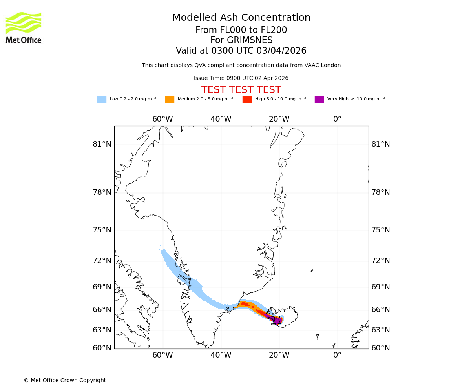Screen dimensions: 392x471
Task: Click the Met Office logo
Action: tap(24, 27)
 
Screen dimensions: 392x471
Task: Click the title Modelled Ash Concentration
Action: tap(241, 18)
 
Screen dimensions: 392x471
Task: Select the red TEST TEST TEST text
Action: tap(241, 90)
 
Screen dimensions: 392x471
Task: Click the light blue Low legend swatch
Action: tap(102, 100)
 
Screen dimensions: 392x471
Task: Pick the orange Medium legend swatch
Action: tap(170, 100)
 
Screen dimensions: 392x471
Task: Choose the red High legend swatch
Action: tap(247, 100)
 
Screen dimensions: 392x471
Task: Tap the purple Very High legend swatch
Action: tap(319, 100)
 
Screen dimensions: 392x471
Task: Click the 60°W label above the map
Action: tap(162, 119)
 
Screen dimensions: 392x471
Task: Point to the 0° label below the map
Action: tap(337, 355)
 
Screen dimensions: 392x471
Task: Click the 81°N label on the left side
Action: tap(102, 144)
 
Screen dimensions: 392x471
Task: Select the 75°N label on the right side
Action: tap(381, 230)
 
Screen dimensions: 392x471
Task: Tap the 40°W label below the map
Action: tap(221, 355)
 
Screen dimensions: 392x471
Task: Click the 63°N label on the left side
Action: tap(102, 330)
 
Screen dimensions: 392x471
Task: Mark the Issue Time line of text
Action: tap(241, 78)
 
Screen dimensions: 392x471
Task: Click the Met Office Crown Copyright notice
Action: tap(65, 380)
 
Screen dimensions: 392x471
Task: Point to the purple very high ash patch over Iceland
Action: tap(277, 321)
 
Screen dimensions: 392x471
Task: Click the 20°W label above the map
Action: tap(279, 119)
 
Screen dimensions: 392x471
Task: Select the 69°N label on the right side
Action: tap(381, 287)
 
